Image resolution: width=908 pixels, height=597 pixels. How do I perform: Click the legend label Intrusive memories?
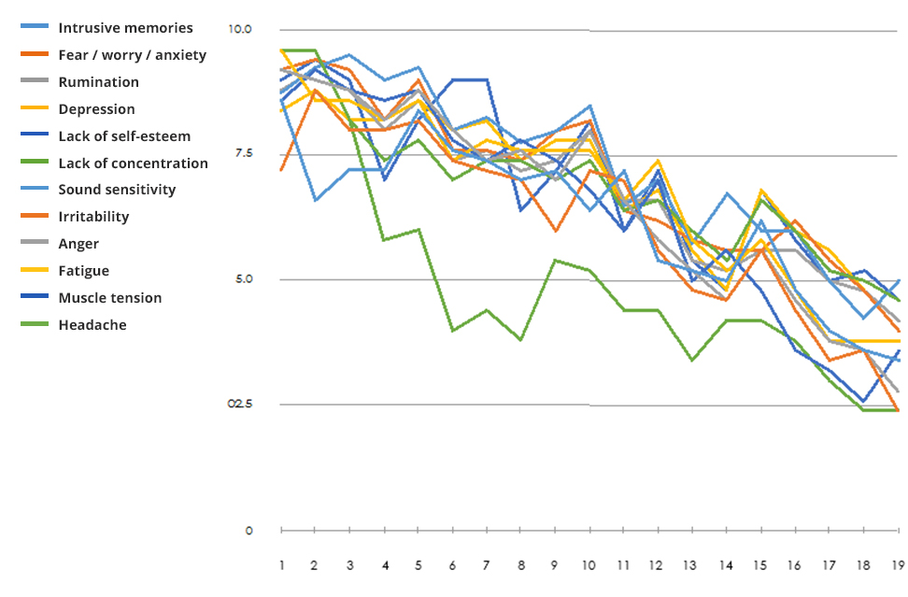pyautogui.click(x=125, y=28)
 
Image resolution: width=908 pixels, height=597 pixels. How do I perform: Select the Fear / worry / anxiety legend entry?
pyautogui.click(x=132, y=55)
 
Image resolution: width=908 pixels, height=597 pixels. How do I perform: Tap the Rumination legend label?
pyautogui.click(x=98, y=82)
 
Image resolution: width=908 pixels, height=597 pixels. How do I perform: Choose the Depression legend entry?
pyautogui.click(x=96, y=109)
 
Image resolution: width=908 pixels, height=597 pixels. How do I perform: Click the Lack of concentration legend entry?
pyautogui.click(x=133, y=163)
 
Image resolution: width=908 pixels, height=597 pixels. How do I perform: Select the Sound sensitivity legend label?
pyautogui.click(x=117, y=190)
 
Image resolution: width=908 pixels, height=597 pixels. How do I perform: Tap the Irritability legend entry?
pyautogui.click(x=93, y=217)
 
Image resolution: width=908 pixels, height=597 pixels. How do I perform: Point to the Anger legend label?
pyautogui.click(x=78, y=244)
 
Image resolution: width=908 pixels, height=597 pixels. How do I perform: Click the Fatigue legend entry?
pyautogui.click(x=83, y=271)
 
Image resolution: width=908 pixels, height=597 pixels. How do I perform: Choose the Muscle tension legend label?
pyautogui.click(x=109, y=298)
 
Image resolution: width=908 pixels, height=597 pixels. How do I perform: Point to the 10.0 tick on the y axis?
pyautogui.click(x=240, y=29)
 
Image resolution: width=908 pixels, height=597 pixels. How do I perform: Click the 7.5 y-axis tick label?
pyautogui.click(x=242, y=153)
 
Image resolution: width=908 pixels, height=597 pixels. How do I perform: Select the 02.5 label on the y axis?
pyautogui.click(x=240, y=404)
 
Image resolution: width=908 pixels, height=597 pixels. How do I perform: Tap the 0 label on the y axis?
pyautogui.click(x=248, y=531)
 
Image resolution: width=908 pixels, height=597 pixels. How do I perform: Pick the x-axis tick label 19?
pyautogui.click(x=899, y=565)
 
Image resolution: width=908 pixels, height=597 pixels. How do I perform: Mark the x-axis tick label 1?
pyautogui.click(x=281, y=565)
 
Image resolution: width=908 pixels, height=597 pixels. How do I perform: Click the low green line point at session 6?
pyautogui.click(x=453, y=331)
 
